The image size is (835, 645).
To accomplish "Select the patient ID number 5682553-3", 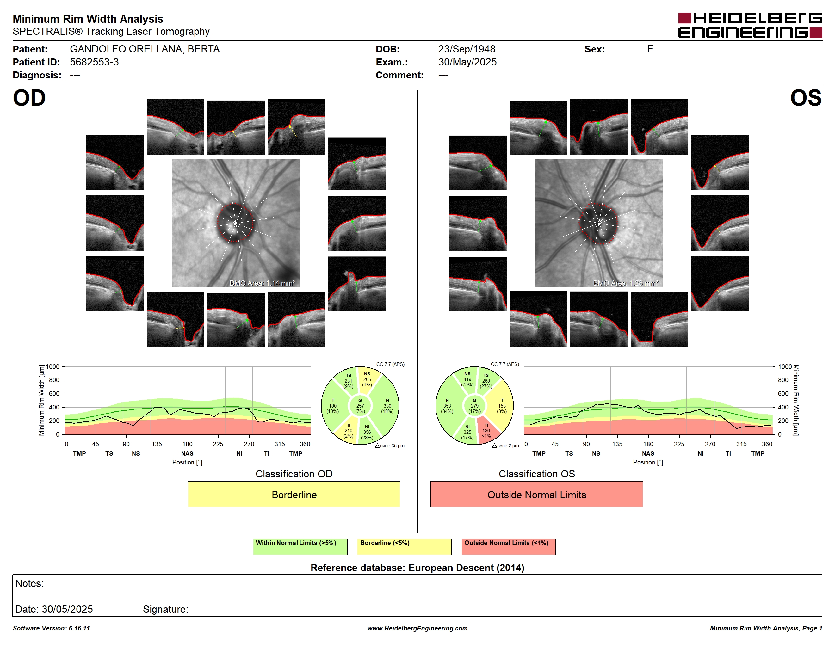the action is [94, 62].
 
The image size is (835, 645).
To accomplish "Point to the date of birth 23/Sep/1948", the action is [467, 49].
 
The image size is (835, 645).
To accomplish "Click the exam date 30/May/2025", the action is [467, 62].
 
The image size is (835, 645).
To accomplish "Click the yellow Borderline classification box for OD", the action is [294, 494].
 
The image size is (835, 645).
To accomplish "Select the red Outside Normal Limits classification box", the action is [536, 494].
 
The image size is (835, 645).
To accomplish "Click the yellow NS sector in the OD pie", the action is [368, 380].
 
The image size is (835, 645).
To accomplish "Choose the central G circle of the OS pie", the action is [474, 406].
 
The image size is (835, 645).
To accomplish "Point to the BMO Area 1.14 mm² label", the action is [262, 283].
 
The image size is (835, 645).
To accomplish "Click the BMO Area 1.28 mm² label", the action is [626, 283].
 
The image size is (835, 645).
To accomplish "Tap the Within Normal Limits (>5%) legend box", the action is [300, 546].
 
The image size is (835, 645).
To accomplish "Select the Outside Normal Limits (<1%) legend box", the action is [509, 546].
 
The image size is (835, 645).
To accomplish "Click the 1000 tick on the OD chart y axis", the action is [53, 367].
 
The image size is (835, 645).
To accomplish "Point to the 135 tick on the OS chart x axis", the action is [617, 444].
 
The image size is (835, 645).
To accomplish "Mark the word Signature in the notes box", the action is [165, 609].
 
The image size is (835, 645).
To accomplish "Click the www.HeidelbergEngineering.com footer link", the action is [417, 628].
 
